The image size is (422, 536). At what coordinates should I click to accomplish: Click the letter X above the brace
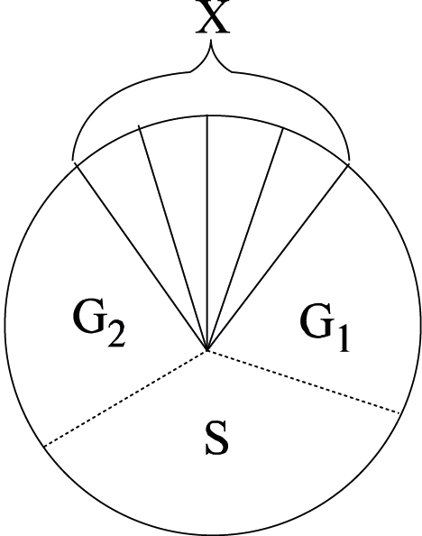213,17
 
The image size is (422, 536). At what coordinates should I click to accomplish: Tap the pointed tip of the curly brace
211,41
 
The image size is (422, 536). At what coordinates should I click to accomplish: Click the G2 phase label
99,325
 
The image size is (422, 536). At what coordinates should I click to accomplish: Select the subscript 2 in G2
116,335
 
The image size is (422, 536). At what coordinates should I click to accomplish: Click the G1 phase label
325,328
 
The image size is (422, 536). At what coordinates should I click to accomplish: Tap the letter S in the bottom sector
217,439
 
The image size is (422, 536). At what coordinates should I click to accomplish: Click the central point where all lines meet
207,350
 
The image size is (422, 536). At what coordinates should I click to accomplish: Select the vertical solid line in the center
207,233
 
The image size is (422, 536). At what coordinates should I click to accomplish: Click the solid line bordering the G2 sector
142,256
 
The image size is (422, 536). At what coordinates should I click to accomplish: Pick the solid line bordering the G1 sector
278,257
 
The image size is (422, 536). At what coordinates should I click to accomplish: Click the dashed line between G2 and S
125,398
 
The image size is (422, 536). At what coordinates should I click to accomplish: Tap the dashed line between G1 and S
304,382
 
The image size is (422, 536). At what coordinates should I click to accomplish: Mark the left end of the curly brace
72,160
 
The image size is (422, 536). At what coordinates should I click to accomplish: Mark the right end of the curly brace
349,160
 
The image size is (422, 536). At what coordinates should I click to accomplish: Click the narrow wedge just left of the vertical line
185,205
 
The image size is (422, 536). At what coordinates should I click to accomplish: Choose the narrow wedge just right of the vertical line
233,205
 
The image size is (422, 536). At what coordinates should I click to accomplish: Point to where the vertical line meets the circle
207,116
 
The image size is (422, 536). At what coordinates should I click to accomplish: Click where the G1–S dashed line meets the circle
400,413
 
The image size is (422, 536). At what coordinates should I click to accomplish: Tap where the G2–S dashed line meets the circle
44,446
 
